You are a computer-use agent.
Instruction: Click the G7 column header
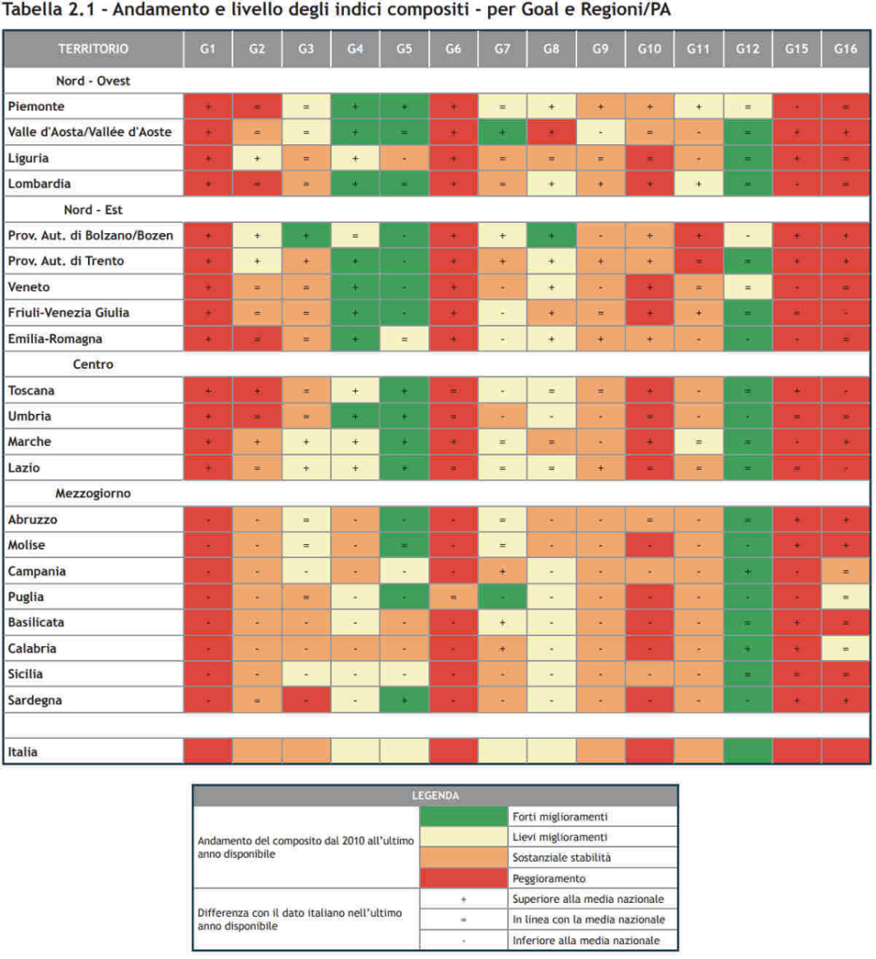click(501, 48)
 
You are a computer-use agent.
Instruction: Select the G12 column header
click(747, 48)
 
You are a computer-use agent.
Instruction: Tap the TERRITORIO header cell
click(94, 48)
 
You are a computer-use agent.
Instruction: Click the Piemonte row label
click(37, 107)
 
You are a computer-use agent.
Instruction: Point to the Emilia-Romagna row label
click(55, 339)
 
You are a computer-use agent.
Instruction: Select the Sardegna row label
click(36, 700)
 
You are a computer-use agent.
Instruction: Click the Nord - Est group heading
click(93, 210)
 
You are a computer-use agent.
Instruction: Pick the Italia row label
click(22, 751)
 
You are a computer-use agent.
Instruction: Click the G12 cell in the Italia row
click(747, 751)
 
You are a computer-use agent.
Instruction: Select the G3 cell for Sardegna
click(305, 700)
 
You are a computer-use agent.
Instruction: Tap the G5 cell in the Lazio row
click(404, 467)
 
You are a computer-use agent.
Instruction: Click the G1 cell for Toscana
click(207, 391)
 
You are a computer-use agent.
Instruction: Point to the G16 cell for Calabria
click(845, 648)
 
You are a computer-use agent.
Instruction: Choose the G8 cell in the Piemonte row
click(551, 107)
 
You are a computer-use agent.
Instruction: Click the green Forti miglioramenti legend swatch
click(462, 817)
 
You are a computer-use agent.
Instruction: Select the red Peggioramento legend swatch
click(462, 878)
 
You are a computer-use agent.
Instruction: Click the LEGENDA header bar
click(436, 796)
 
